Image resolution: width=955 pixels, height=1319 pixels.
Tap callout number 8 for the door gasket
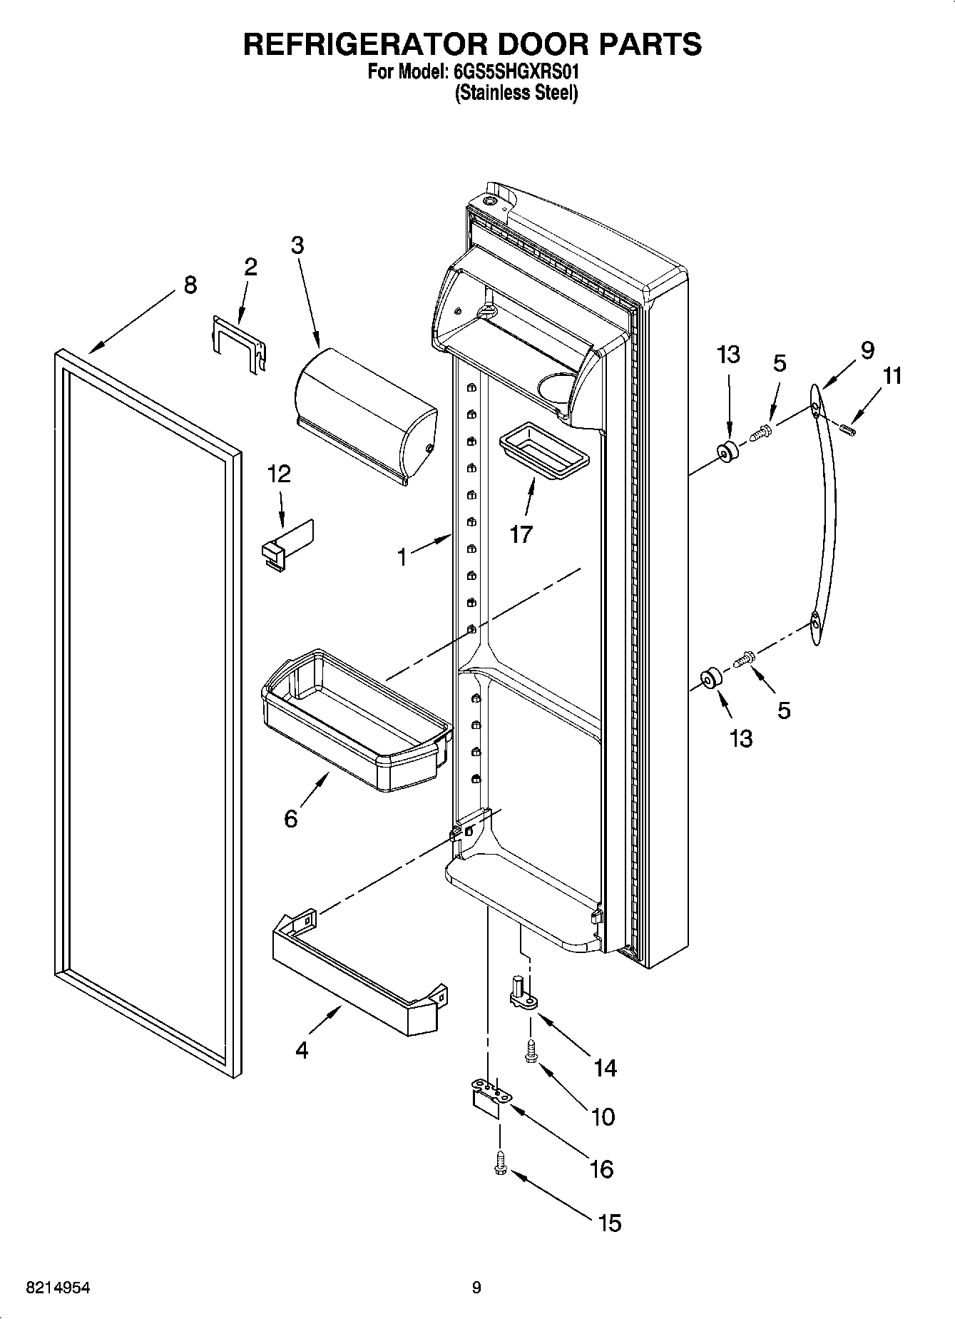(189, 285)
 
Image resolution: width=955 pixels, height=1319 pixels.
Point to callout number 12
(280, 474)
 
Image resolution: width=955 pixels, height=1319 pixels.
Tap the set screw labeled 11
(847, 429)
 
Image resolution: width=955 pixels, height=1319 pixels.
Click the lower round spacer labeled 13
(710, 679)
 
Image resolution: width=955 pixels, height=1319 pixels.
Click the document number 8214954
(58, 1287)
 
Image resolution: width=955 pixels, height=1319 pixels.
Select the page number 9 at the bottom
(476, 1287)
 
